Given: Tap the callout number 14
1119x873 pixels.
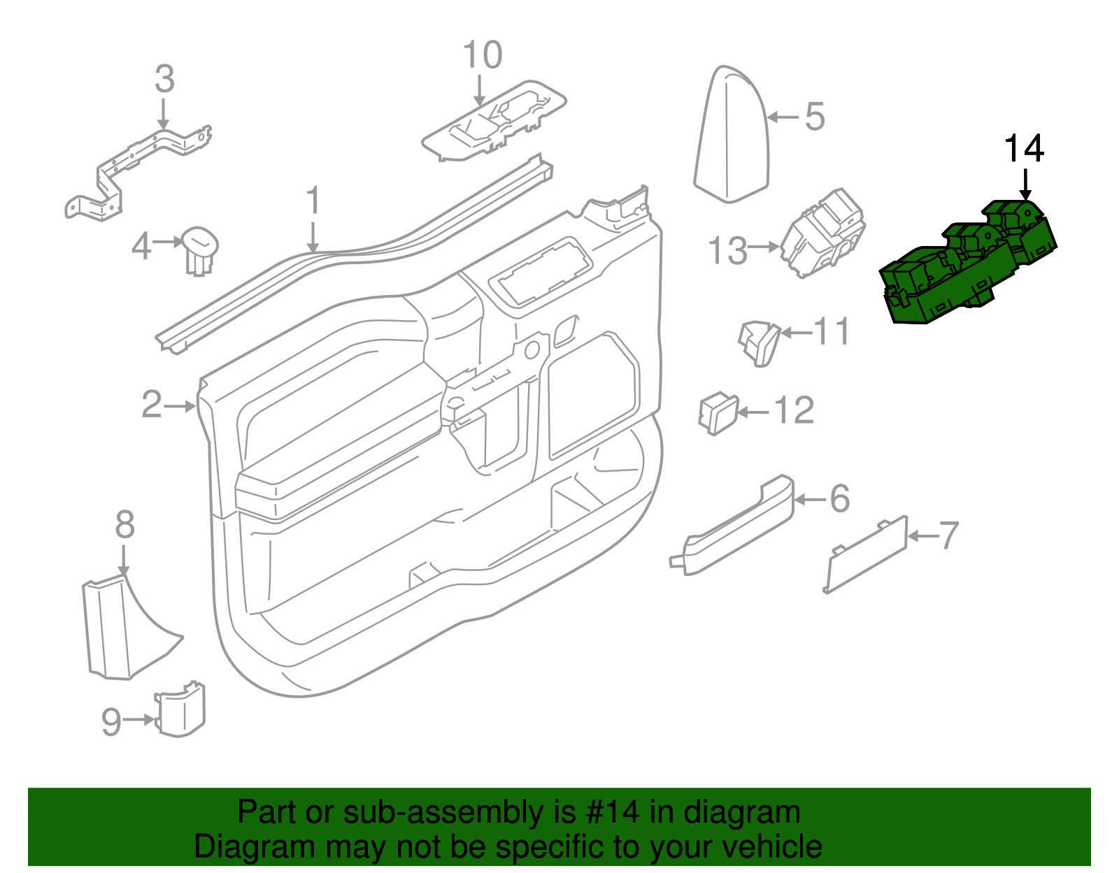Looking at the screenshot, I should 1024,149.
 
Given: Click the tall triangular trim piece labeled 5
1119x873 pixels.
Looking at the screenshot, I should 732,136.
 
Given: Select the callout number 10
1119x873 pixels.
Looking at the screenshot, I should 483,55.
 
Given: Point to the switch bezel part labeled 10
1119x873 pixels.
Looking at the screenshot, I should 494,123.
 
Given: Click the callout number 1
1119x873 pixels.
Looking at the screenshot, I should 314,201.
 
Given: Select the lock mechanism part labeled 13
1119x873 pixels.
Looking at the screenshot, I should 822,234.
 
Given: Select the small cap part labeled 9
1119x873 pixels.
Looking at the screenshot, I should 180,710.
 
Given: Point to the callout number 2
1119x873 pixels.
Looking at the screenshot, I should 152,405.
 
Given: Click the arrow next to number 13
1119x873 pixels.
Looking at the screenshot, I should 763,247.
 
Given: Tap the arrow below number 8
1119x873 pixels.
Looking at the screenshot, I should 123,559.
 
